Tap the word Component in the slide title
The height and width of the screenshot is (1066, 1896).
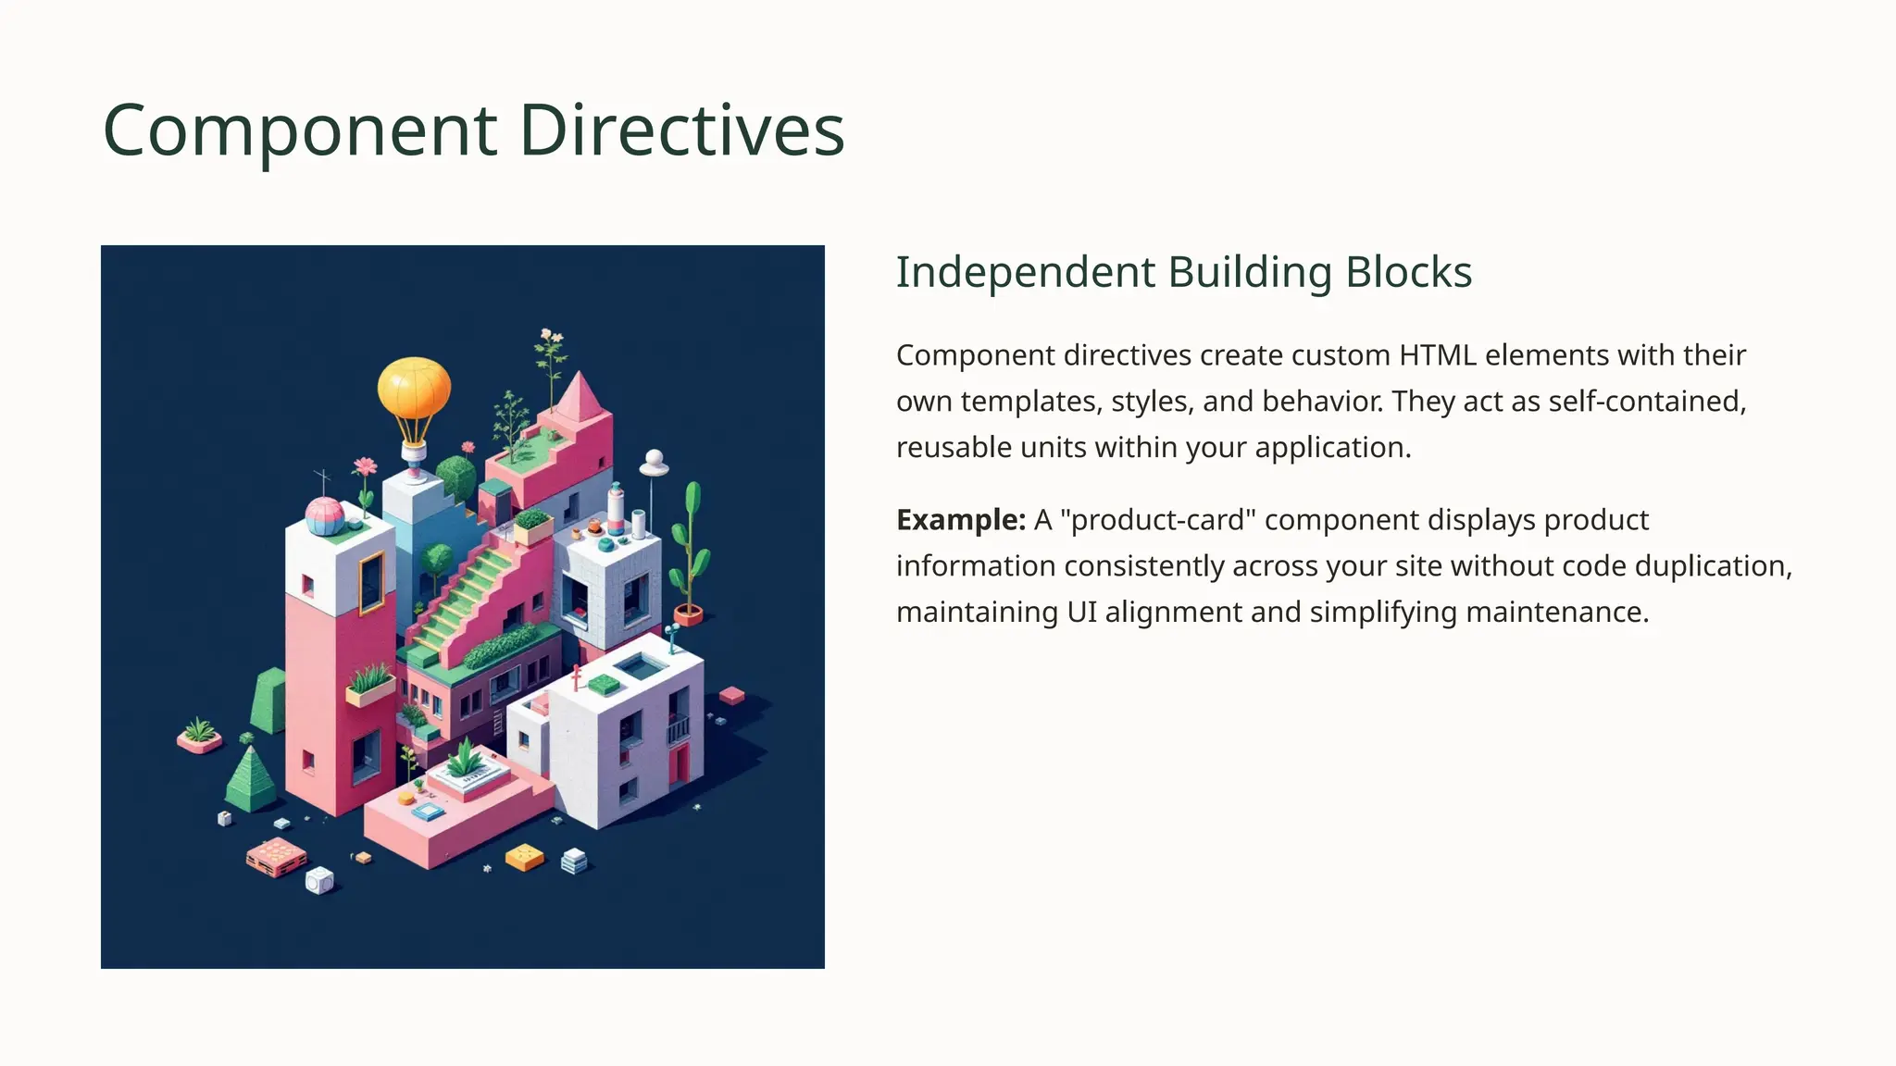(300, 130)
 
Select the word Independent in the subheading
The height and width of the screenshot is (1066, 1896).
(1026, 272)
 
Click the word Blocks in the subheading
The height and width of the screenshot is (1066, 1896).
(1408, 272)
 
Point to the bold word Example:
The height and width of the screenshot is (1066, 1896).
(960, 520)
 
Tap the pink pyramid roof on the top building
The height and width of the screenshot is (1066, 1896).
(579, 396)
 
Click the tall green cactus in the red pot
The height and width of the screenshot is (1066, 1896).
(690, 546)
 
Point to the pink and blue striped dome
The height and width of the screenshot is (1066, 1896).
(325, 515)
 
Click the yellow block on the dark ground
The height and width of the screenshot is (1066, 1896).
(524, 857)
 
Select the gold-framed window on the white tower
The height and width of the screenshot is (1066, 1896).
(371, 583)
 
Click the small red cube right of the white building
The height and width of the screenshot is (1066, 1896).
(731, 694)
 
